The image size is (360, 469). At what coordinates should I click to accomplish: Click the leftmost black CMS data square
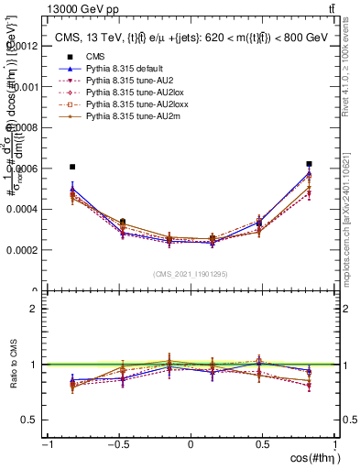(72, 167)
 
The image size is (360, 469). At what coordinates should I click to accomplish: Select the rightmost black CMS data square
(310, 164)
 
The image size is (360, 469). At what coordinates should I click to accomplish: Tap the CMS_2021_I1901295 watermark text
(191, 274)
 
